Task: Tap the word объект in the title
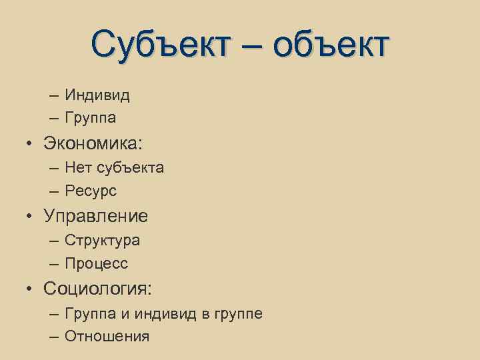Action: pyautogui.click(x=330, y=45)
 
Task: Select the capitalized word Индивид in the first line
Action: pyautogui.click(x=97, y=95)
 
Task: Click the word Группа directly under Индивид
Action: pyautogui.click(x=91, y=119)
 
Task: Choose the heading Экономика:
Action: pyautogui.click(x=94, y=143)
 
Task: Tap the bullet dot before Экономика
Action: pyautogui.click(x=31, y=143)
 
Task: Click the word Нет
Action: pyautogui.click(x=78, y=167)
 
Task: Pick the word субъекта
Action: pyautogui.click(x=131, y=168)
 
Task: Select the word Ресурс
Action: pyautogui.click(x=91, y=191)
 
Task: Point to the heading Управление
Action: pyautogui.click(x=96, y=216)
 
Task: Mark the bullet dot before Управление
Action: pyautogui.click(x=31, y=217)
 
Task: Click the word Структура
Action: pyautogui.click(x=103, y=240)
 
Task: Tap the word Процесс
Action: pyautogui.click(x=97, y=264)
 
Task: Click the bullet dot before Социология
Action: pyautogui.click(x=31, y=289)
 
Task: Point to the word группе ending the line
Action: pyautogui.click(x=237, y=313)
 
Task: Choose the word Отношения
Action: pyautogui.click(x=107, y=336)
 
